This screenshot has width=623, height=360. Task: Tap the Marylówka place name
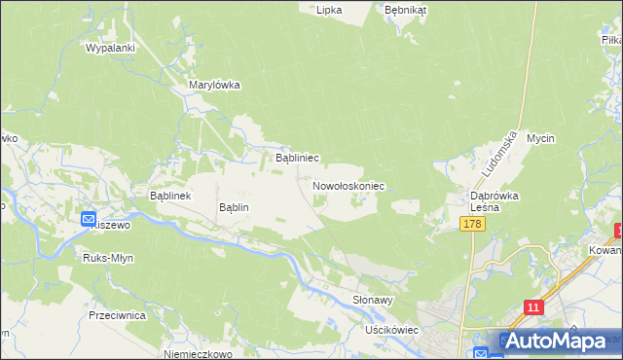point(213,85)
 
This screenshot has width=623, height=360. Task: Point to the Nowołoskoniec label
point(348,185)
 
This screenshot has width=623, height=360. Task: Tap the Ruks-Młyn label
point(108,259)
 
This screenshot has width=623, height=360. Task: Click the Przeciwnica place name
point(116,315)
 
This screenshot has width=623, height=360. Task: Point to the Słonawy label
point(372,301)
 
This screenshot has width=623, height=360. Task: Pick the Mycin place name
point(540,138)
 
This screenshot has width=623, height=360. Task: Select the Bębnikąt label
point(406,10)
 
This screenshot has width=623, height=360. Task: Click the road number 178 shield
point(472,225)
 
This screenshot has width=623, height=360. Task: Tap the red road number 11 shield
point(532,307)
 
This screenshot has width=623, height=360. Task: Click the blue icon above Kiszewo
point(88,220)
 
